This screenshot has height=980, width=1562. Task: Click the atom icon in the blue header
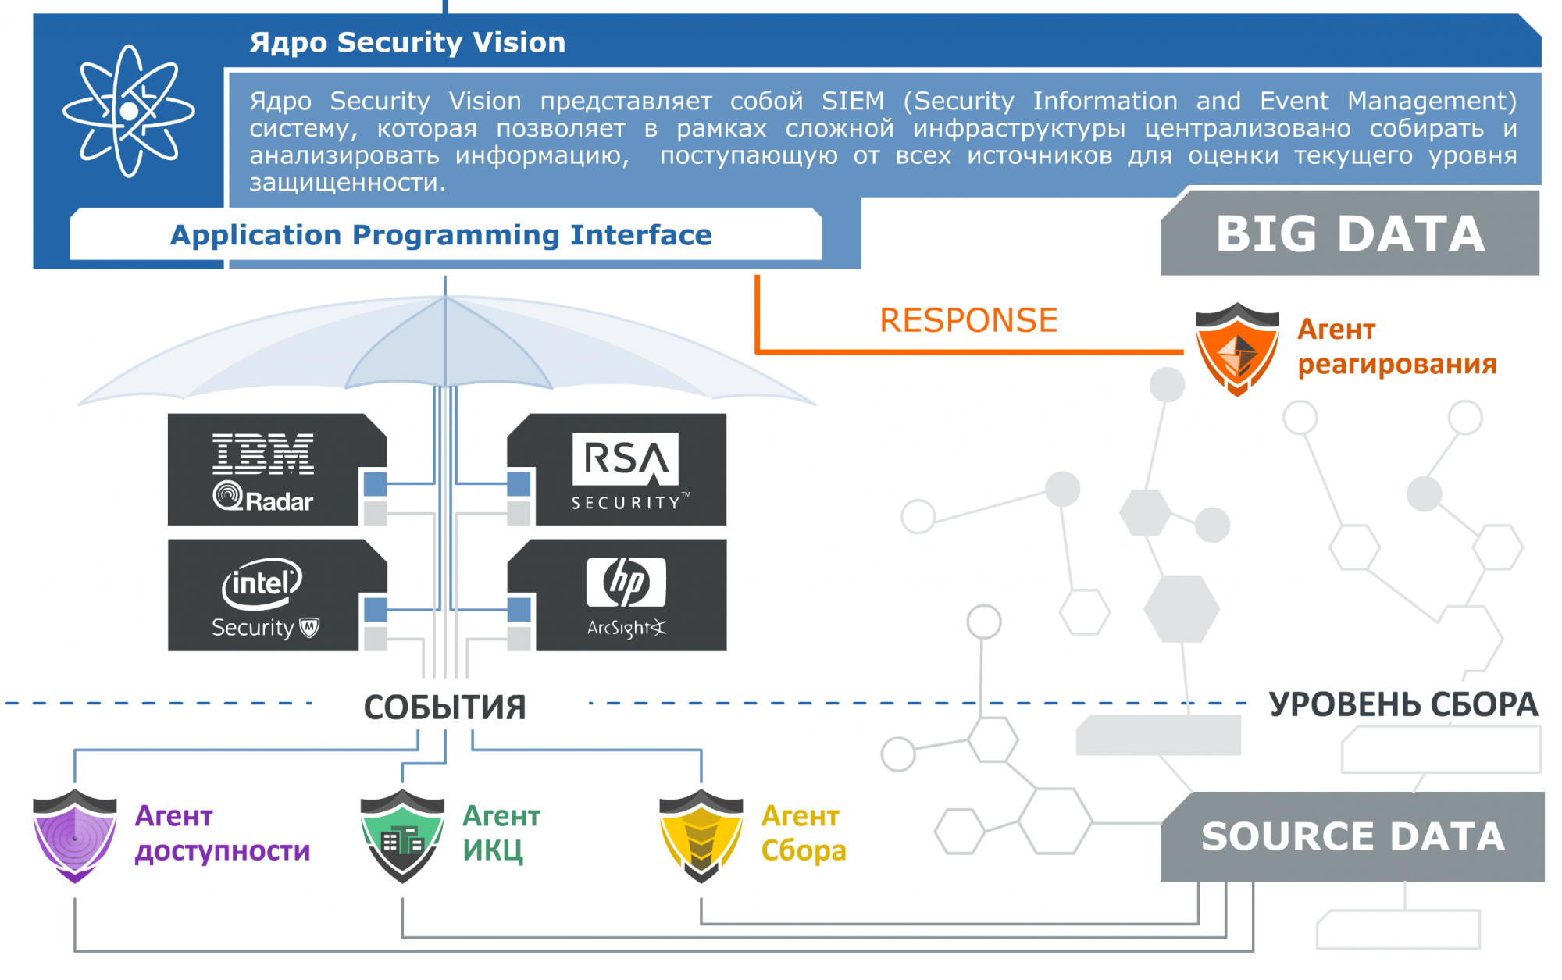129,111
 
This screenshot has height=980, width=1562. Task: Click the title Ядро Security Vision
407,42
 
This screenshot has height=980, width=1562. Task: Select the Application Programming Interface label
441,235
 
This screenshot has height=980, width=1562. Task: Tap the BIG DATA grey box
1350,234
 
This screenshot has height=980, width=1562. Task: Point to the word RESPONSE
968,320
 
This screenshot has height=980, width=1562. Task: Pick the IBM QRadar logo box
264,471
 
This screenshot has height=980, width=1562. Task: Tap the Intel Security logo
264,597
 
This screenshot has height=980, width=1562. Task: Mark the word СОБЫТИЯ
445,707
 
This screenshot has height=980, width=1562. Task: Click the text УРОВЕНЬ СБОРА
1403,705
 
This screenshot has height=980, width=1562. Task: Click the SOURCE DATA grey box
1353,837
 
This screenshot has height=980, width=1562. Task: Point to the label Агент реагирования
1396,347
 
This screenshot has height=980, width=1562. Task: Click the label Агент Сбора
804,833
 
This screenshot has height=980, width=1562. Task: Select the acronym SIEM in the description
853,102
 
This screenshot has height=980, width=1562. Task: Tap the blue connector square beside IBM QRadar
376,484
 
